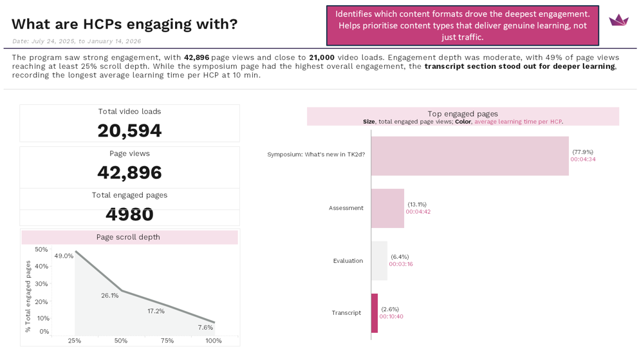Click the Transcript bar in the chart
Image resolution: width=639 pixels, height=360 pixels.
coord(375,313)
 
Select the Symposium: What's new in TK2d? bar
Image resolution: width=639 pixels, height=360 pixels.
coord(470,156)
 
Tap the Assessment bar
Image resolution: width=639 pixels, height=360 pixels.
coord(387,208)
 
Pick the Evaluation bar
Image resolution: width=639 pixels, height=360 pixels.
coord(379,261)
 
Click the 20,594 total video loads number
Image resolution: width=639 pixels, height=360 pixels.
coord(129,131)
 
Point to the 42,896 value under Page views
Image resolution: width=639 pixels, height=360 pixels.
coord(129,173)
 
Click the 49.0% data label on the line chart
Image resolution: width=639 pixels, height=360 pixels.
coord(64,256)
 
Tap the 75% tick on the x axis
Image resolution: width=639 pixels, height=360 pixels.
coord(167,341)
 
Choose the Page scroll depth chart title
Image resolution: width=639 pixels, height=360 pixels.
coord(128,237)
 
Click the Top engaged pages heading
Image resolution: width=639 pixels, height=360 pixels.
coord(462,114)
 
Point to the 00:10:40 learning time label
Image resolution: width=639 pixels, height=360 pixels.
coord(391,317)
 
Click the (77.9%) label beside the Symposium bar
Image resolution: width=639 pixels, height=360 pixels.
coord(582,152)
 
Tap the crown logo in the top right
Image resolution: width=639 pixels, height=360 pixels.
coord(618,20)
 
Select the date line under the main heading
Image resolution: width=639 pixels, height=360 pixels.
coord(77,41)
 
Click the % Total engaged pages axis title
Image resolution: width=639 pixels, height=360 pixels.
coord(28,296)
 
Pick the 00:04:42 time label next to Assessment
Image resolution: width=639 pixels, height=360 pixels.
coord(418,212)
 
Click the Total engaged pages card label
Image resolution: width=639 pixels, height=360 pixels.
coord(129,195)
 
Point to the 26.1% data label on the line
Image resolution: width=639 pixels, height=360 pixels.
coord(110,296)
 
